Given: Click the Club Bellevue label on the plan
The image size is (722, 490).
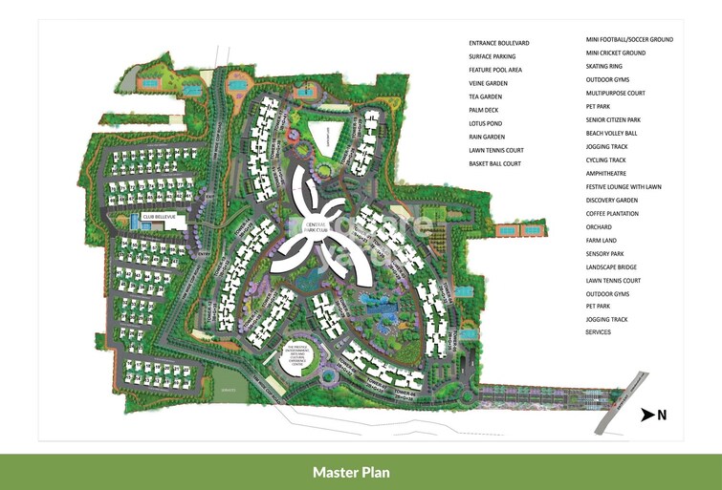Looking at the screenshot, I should click(160, 217).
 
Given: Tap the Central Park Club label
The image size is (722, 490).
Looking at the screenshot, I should click(316, 226).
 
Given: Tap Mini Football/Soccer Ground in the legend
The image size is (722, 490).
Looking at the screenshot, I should click(630, 39).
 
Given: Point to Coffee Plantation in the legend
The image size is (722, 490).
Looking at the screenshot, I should click(617, 213).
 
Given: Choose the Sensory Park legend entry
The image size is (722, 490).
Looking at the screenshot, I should click(608, 253).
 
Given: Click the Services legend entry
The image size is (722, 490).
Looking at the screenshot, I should click(599, 331).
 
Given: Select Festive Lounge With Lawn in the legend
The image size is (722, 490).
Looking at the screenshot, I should click(624, 186).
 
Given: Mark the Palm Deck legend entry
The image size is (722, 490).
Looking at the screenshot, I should click(485, 110).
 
